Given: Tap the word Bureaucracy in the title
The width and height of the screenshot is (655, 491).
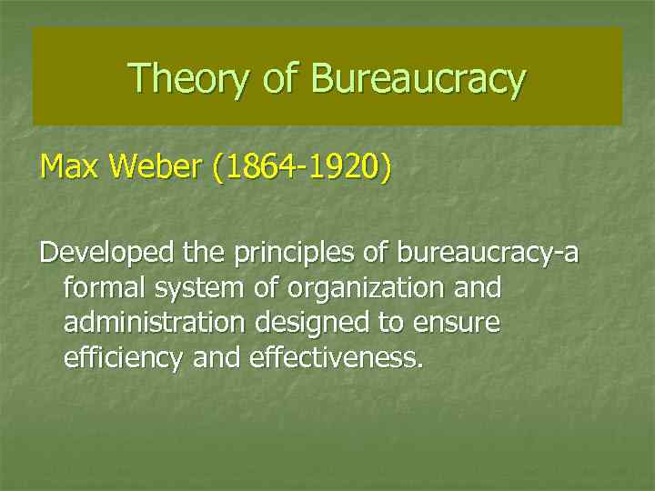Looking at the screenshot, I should point(418,78).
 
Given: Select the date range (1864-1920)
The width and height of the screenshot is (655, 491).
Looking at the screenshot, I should point(299,168).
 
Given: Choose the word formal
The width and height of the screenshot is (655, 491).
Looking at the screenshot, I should point(106,288).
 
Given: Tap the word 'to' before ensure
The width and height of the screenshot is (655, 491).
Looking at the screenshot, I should point(399,324).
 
